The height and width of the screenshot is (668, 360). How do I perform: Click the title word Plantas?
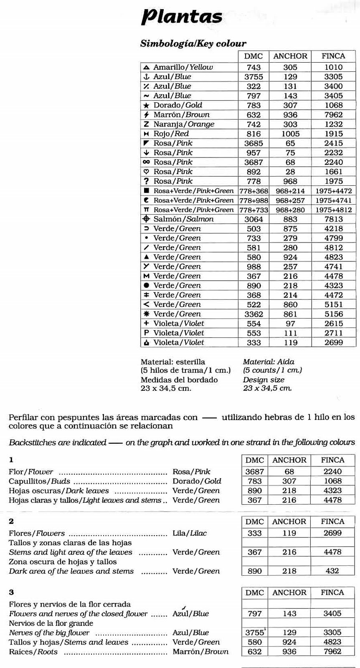click(x=182, y=17)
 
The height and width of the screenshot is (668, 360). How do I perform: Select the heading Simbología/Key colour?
click(x=193, y=43)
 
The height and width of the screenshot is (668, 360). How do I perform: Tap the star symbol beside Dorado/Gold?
click(x=146, y=106)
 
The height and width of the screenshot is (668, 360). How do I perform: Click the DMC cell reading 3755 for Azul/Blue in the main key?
click(x=254, y=77)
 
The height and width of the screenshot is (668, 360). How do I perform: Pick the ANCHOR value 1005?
click(x=290, y=134)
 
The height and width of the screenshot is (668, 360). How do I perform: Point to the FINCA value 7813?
click(x=333, y=219)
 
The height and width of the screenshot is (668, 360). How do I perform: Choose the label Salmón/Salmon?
click(x=183, y=219)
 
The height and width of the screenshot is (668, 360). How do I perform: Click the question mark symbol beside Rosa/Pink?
click(x=146, y=181)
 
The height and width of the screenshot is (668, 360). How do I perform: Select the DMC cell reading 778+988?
click(x=254, y=200)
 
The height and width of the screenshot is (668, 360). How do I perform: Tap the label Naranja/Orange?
click(x=184, y=124)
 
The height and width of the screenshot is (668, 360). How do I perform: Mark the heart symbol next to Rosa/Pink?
click(x=146, y=172)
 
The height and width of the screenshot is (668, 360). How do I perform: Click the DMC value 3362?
click(x=254, y=314)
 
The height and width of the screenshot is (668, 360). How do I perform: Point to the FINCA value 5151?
click(x=333, y=305)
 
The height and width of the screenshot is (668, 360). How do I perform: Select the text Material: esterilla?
click(x=173, y=362)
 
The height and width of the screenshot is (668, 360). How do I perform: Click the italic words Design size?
click(x=264, y=380)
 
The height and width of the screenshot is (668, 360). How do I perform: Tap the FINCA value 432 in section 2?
click(x=332, y=571)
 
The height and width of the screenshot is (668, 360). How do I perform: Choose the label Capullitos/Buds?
click(x=39, y=481)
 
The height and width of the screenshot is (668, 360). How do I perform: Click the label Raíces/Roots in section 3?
click(x=33, y=652)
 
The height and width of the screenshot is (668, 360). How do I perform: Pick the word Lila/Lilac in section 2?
click(x=190, y=533)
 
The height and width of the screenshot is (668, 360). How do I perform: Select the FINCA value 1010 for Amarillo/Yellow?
click(x=333, y=67)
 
